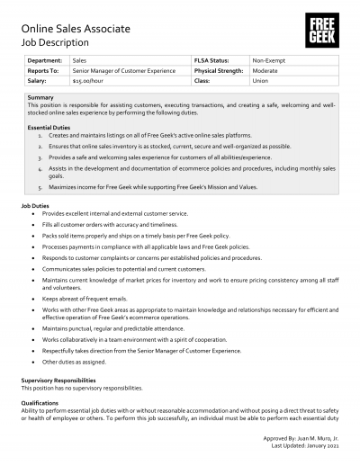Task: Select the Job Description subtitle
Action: pos(55,42)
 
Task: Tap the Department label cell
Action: pos(45,59)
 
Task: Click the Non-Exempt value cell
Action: pos(270,59)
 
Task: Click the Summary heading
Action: pos(40,96)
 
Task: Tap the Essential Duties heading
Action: pos(49,128)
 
